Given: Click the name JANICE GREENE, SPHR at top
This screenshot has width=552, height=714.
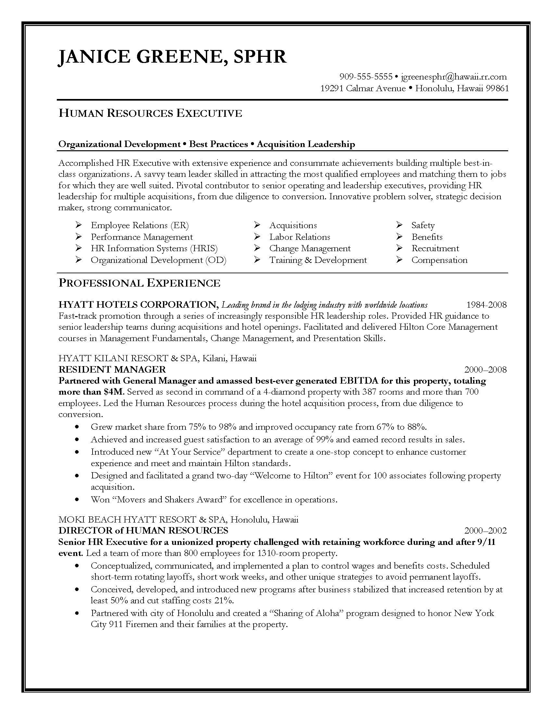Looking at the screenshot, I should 172,57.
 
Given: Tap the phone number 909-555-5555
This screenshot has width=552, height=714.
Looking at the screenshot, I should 366,77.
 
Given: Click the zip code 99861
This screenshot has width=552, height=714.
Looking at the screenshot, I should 497,88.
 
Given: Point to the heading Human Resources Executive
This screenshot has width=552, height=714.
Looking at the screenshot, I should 150,113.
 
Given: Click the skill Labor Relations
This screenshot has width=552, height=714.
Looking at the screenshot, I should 300,237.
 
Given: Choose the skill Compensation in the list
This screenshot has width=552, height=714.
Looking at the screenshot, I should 439,260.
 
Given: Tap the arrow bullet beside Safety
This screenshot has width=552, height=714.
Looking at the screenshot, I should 399,225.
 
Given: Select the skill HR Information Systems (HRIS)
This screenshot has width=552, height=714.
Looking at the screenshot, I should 154,248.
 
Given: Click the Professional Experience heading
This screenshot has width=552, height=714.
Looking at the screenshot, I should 139,283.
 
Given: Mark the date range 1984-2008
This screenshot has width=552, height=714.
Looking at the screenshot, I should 486,305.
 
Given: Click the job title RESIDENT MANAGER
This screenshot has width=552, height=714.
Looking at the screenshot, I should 112,369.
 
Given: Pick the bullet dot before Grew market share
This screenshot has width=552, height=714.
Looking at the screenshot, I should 77,427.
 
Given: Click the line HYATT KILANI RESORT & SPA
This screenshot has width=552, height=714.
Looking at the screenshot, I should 128,358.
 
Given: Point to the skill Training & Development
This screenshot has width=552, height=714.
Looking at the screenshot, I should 318,260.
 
